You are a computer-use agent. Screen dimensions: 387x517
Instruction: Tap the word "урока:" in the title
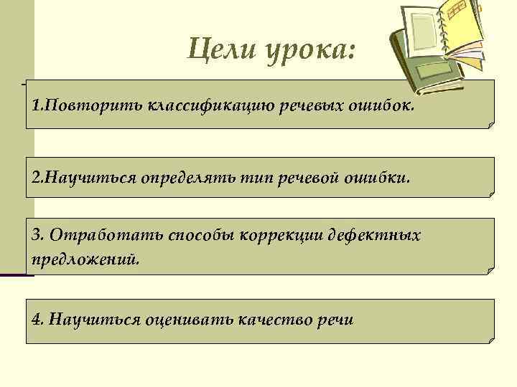pos(312,52)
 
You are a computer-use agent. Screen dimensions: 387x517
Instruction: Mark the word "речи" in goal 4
pos(335,319)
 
